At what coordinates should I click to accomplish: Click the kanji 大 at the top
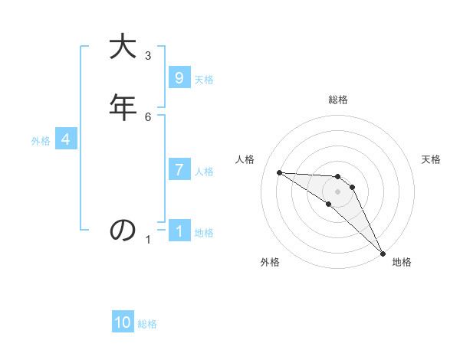tap(123, 47)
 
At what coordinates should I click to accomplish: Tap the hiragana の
tap(123, 230)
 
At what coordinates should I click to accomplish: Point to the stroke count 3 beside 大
tap(148, 55)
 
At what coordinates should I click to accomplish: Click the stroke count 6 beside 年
tap(148, 116)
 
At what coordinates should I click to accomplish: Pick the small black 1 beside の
tap(148, 240)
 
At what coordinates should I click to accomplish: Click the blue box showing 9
tap(179, 78)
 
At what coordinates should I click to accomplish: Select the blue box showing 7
tap(179, 170)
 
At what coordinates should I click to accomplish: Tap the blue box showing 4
tap(66, 139)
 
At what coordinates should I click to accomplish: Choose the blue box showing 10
tap(123, 322)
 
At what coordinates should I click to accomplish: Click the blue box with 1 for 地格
tap(179, 231)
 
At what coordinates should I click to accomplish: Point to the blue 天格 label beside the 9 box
tap(204, 80)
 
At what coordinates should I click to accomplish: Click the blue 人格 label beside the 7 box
tap(204, 172)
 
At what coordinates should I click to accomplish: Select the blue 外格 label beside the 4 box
tap(41, 141)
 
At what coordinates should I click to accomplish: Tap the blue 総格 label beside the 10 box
tap(147, 324)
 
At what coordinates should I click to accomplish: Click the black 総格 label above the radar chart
tap(338, 100)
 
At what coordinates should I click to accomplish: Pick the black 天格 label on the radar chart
tap(432, 159)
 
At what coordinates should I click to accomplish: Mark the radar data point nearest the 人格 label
tap(280, 172)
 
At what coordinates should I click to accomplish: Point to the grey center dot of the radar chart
tap(337, 191)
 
